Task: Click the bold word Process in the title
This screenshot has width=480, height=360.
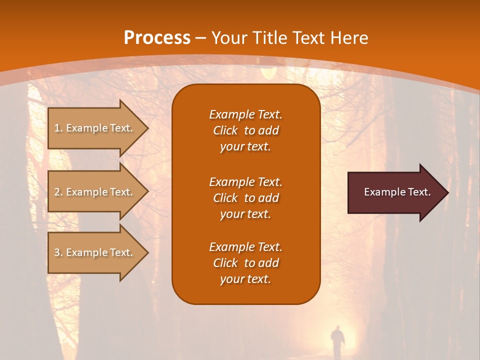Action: coord(157,38)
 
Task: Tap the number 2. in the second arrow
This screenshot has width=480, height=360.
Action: coord(58,192)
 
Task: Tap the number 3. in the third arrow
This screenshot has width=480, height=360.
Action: coord(58,252)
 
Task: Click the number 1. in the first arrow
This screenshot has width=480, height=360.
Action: coord(58,128)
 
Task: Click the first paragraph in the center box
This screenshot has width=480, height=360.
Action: coord(245,130)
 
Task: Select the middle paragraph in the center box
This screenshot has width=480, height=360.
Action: coord(245,198)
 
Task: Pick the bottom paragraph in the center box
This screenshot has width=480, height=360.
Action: coord(245,263)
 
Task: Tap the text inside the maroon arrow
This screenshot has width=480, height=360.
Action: coord(397,192)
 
